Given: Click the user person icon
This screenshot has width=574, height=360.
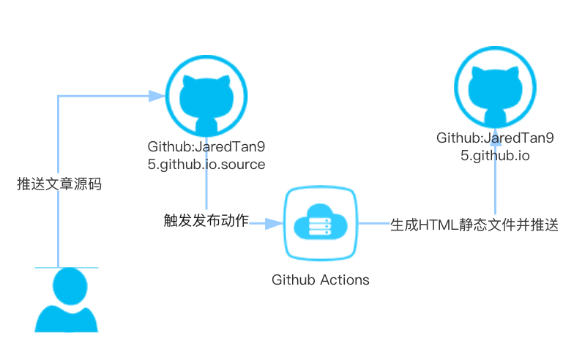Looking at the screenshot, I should point(66,300).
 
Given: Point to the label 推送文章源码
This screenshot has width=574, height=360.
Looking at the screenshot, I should point(59,184).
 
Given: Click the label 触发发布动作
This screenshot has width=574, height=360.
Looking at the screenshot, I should point(206,220).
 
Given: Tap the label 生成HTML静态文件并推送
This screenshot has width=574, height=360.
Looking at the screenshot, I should point(474,225).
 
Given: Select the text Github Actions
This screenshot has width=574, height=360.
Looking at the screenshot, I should point(321,280).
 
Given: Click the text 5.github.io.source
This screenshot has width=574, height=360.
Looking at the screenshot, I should point(206,164).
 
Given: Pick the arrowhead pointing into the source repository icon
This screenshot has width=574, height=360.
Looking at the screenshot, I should point(156,96).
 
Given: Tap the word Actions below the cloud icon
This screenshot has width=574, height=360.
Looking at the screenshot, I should point(345,280).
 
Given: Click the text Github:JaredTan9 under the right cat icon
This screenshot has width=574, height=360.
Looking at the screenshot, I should point(495,138).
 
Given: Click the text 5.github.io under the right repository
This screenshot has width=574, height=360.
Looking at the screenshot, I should point(495,156).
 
